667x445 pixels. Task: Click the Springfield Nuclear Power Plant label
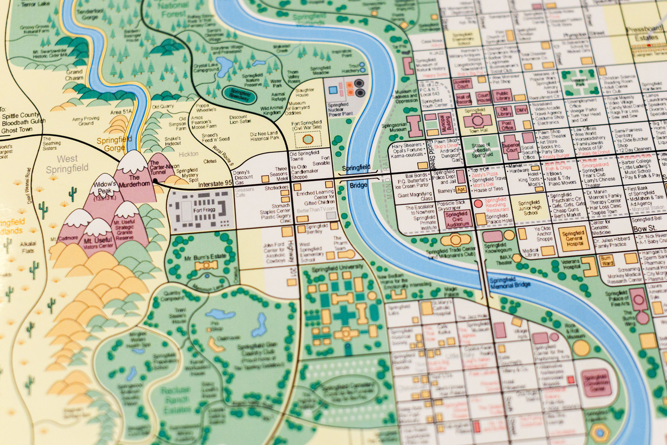(340, 109)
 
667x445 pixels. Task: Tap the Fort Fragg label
(204, 210)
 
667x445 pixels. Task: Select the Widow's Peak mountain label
(104, 188)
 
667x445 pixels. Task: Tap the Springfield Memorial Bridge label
(510, 283)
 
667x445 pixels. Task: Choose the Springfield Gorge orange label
(114, 144)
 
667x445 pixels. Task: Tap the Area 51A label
(121, 112)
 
